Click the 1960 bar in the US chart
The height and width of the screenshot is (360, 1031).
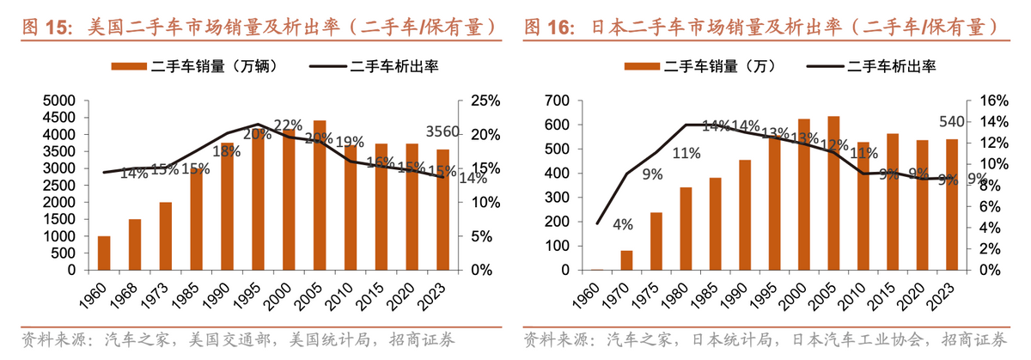coord(104,253)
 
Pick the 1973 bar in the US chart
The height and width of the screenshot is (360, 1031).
coord(166,236)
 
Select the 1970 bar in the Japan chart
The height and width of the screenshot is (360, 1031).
coord(626,260)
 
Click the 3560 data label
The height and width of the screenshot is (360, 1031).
coord(443,132)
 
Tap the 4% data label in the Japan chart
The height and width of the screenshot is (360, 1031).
coord(623,224)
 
